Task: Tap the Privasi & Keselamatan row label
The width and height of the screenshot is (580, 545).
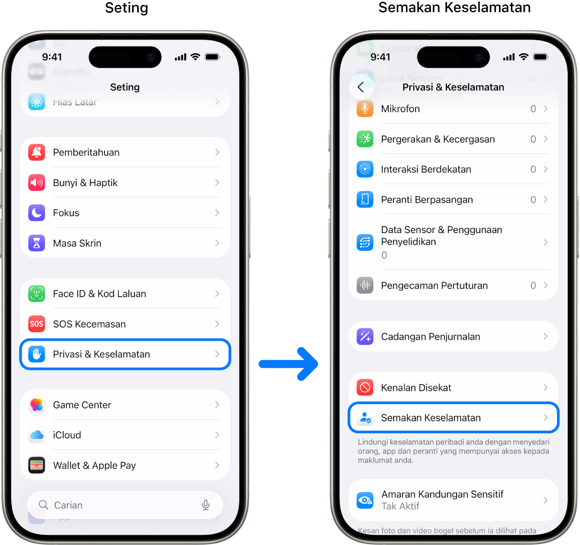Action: click(101, 354)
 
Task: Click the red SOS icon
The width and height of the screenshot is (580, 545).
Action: click(36, 324)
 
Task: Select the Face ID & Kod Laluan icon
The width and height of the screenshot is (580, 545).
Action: click(36, 294)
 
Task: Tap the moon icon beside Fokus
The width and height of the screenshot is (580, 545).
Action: click(36, 213)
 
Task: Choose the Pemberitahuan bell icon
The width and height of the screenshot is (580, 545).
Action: click(36, 152)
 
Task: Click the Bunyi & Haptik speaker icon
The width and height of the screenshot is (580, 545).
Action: click(36, 182)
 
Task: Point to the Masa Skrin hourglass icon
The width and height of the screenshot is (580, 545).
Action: click(36, 243)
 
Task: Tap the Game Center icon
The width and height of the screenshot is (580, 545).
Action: click(36, 405)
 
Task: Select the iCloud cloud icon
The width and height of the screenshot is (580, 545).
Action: click(36, 435)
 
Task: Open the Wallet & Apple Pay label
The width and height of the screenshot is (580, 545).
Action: click(94, 466)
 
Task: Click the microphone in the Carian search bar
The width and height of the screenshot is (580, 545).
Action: click(206, 505)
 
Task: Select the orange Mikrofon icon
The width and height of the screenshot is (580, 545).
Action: click(365, 109)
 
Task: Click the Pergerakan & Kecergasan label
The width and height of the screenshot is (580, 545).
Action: click(438, 139)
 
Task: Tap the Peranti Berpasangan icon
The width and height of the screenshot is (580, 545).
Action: click(365, 199)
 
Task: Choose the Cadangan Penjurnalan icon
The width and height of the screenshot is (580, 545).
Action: click(365, 337)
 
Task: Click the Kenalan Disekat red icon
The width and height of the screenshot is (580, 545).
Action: click(365, 387)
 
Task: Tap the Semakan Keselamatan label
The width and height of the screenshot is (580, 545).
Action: click(431, 417)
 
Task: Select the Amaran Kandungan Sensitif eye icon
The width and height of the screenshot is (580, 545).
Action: click(365, 500)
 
